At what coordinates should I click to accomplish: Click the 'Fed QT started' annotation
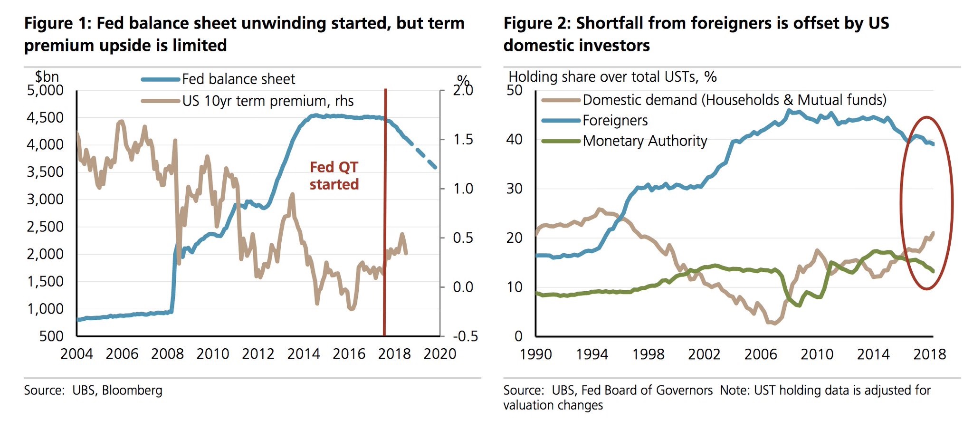tap(334, 176)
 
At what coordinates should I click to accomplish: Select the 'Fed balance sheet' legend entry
tap(238, 79)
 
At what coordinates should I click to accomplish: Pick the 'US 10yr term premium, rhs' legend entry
tap(267, 101)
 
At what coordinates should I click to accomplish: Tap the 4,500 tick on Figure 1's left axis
tap(45, 117)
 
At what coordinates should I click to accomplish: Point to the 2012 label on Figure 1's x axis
tap(258, 354)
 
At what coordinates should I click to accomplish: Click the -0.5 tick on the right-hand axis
tap(465, 336)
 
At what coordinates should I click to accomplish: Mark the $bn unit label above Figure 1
tap(47, 76)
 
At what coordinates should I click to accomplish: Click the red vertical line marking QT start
tap(385, 214)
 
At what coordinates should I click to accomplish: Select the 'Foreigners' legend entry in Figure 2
tap(615, 121)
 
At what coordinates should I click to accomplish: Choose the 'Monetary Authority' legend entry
tap(645, 141)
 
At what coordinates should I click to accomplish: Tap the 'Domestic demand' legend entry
tap(734, 100)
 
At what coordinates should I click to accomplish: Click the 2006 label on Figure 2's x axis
tap(760, 354)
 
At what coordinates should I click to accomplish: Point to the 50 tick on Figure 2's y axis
tap(515, 90)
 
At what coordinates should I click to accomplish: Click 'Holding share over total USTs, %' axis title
tap(612, 77)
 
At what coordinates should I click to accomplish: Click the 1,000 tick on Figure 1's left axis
tap(45, 309)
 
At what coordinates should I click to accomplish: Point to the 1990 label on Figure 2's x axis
tap(536, 354)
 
